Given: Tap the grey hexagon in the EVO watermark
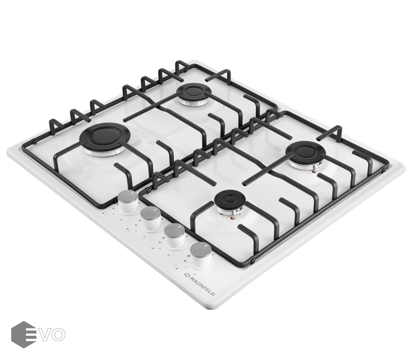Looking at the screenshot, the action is tap(24, 334).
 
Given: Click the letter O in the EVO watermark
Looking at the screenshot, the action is tap(58, 334).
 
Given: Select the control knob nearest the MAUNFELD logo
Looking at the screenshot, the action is tap(201, 254).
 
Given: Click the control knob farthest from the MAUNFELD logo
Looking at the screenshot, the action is tap(128, 201).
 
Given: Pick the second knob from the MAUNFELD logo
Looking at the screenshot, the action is tap(175, 235).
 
